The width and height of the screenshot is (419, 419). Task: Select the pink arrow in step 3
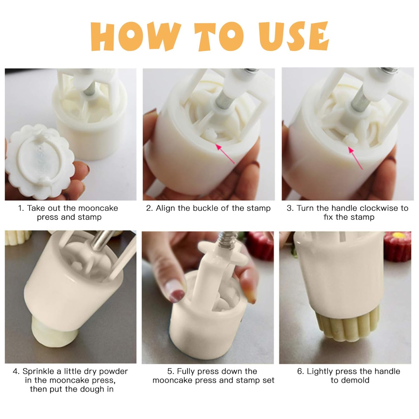[x=355, y=158]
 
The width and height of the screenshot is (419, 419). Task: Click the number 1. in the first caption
[x=21, y=208]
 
